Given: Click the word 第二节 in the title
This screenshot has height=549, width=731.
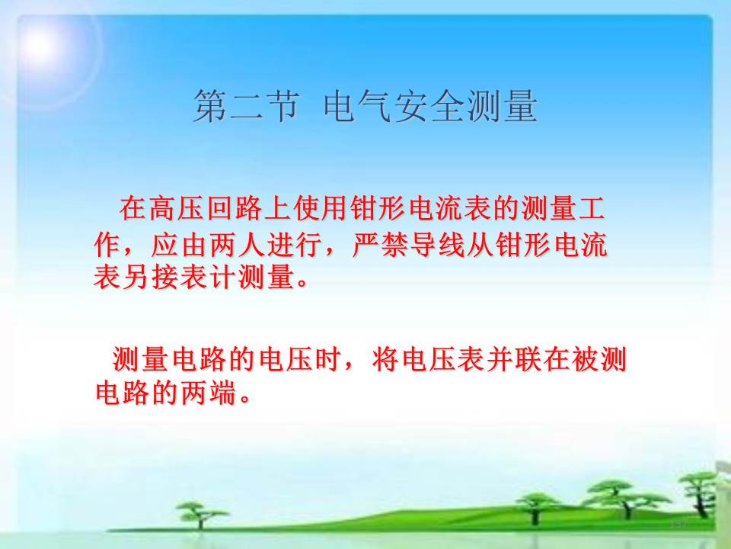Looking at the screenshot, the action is click(246, 106).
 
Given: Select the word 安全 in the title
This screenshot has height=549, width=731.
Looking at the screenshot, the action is click(429, 106).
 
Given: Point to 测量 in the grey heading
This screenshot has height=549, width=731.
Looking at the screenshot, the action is click(502, 106).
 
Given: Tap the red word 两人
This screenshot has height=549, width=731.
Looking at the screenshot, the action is click(238, 244).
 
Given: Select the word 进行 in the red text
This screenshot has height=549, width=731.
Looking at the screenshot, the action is click(295, 244).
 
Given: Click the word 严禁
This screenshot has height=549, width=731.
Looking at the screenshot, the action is click(381, 244).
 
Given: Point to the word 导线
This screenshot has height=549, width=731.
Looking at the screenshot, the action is click(439, 244).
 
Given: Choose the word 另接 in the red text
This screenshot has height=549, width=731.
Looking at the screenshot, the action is click(151, 277).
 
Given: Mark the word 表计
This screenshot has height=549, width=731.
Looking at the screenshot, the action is click(209, 277).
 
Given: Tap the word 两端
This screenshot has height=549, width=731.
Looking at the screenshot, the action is click(209, 393).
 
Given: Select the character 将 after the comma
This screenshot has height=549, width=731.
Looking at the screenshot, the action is click(386, 359).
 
